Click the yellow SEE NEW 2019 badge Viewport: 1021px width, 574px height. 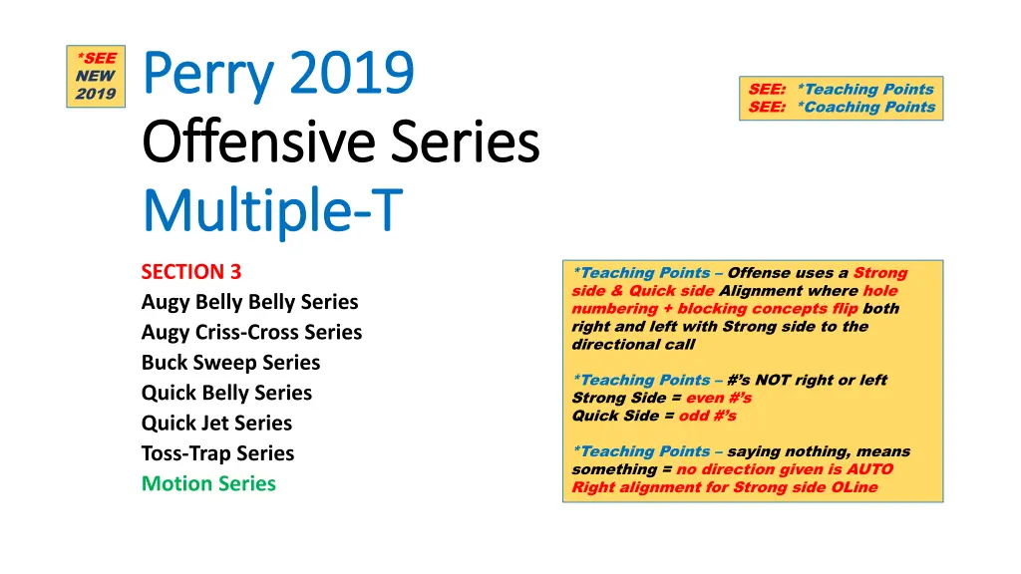[x=96, y=76]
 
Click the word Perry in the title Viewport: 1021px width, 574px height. [x=208, y=74]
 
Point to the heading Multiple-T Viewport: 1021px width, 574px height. [x=273, y=211]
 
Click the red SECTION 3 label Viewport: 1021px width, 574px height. [x=191, y=271]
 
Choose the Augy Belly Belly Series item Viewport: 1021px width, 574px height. [x=250, y=302]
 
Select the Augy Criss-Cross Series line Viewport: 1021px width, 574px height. [x=251, y=332]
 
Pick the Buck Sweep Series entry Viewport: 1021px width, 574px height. [x=230, y=363]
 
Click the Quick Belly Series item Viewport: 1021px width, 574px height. [x=226, y=393]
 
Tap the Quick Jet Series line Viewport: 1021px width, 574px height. [x=216, y=423]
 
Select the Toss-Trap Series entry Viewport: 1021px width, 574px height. [x=217, y=453]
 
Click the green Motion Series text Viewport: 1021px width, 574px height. [x=208, y=483]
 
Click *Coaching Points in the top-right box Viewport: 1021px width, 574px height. [x=866, y=108]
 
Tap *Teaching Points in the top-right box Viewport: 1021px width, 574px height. [x=865, y=89]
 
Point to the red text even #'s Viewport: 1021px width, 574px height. [x=719, y=398]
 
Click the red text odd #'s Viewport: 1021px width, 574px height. [x=707, y=416]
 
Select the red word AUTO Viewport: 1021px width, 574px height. [x=869, y=469]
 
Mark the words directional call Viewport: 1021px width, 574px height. [x=633, y=344]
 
